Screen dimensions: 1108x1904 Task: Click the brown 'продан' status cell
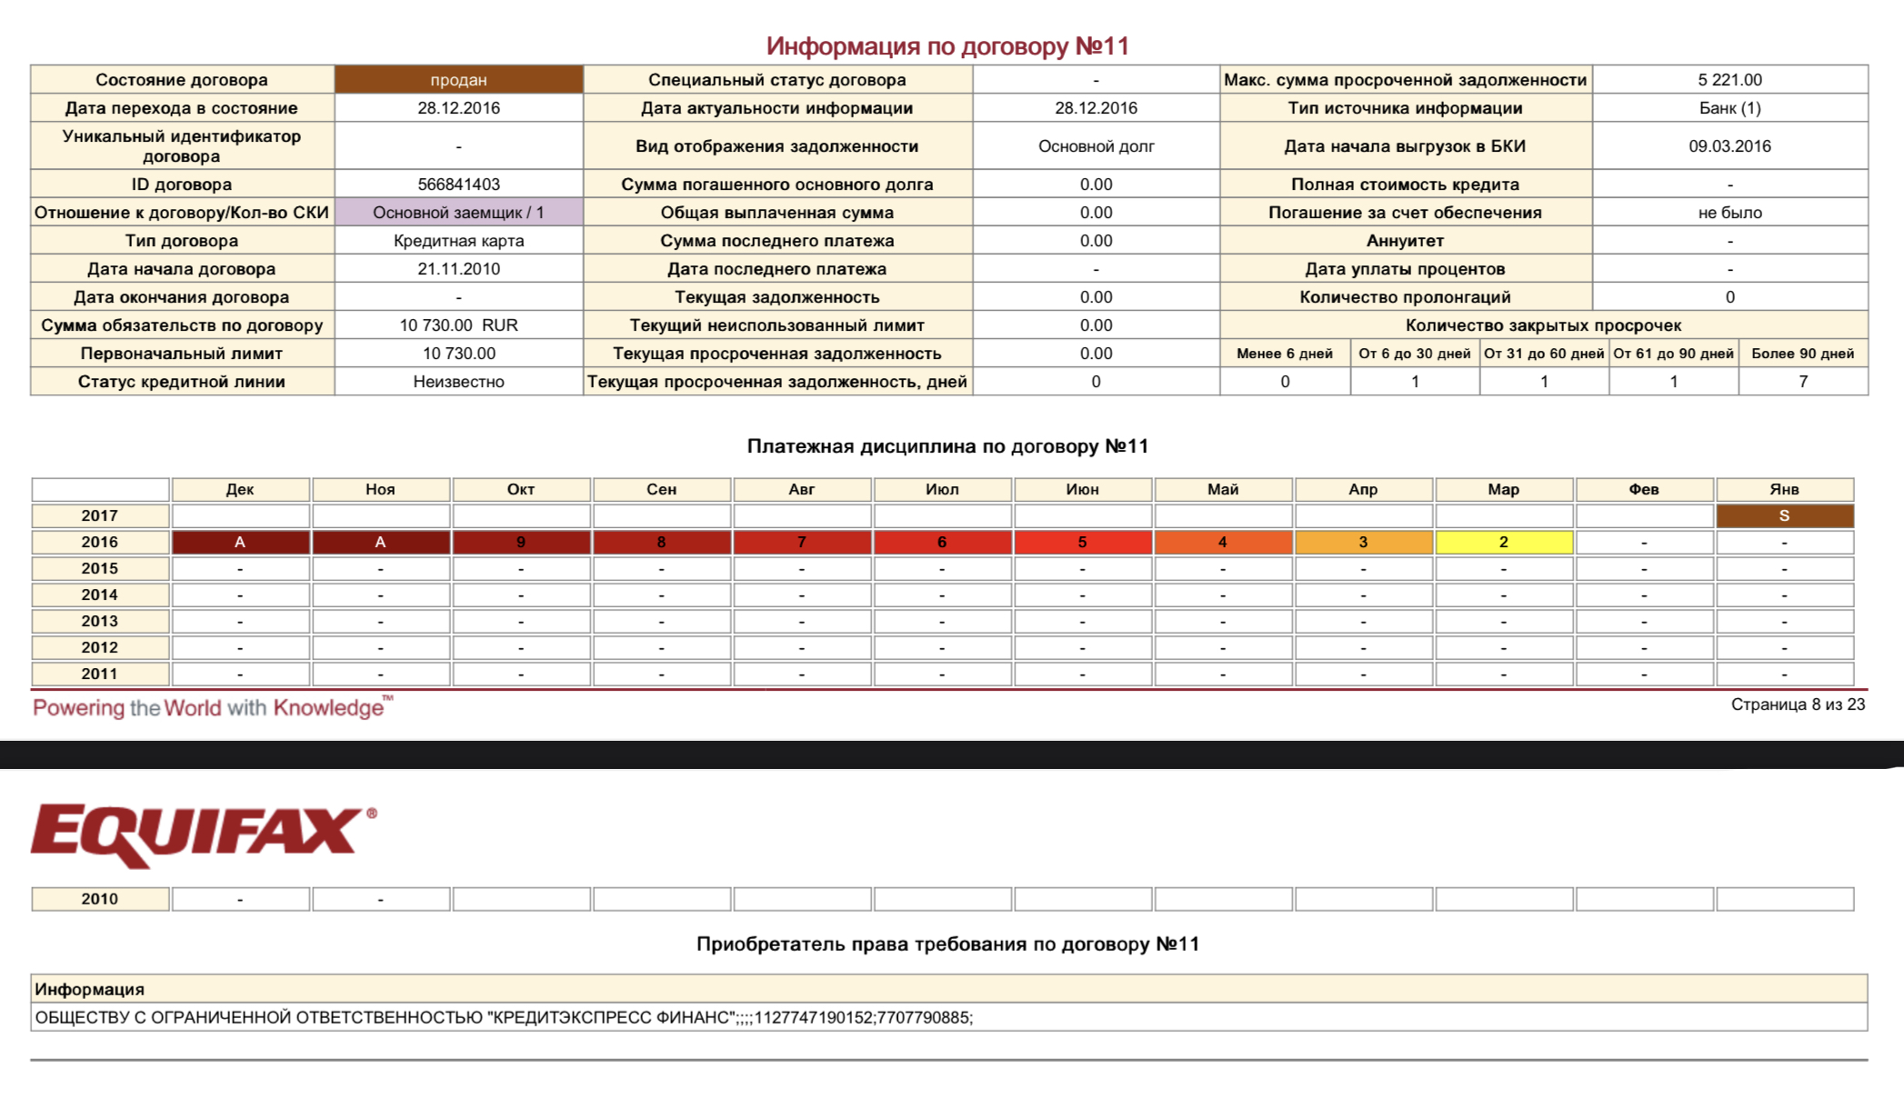point(458,80)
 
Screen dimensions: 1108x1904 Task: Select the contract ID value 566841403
point(458,185)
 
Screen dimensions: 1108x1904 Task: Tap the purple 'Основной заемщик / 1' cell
point(458,213)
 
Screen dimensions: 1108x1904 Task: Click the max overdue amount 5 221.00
point(1729,80)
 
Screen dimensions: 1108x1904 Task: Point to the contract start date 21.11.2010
point(458,269)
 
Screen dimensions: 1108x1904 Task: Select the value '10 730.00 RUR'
point(458,325)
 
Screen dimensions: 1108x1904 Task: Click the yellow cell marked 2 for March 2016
point(1503,543)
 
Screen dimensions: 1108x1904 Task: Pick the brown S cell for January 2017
point(1784,516)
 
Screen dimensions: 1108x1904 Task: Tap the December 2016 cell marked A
point(240,543)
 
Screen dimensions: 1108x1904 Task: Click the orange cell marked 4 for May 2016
point(1222,543)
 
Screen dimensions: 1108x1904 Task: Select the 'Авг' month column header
point(801,490)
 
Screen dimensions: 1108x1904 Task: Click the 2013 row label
point(100,622)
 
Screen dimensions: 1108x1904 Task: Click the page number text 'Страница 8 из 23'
point(1797,704)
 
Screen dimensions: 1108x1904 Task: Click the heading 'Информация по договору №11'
point(947,46)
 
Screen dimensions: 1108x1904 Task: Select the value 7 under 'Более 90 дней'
point(1802,382)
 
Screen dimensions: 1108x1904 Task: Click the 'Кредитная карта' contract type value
point(458,241)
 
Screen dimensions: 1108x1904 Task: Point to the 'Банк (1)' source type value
point(1729,108)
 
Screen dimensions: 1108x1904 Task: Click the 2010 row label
point(100,899)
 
